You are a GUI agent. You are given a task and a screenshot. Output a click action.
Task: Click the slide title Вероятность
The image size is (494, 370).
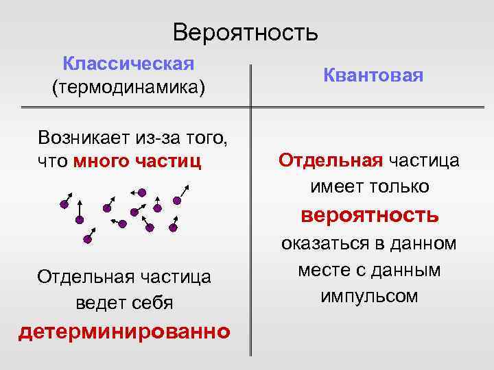point(246,32)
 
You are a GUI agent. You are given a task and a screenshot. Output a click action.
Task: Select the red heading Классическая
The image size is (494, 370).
point(128,64)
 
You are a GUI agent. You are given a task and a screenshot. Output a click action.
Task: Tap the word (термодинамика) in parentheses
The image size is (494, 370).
point(128,88)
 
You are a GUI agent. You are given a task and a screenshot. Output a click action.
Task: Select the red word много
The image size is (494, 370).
point(100,162)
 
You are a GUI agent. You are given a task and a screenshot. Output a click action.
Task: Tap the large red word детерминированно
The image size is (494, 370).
point(124,332)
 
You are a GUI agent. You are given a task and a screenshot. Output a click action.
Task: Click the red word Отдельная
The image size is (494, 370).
point(331,160)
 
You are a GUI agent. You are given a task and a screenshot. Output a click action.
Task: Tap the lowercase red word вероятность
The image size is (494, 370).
point(370,215)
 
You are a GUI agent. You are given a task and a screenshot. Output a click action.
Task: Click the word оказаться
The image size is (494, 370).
point(322,243)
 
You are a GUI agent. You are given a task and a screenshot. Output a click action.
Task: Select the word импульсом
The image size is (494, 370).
point(369,296)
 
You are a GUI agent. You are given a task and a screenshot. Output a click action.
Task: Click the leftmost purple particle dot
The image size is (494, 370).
point(64,203)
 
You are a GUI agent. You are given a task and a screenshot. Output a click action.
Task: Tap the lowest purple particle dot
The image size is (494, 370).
point(87,240)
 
